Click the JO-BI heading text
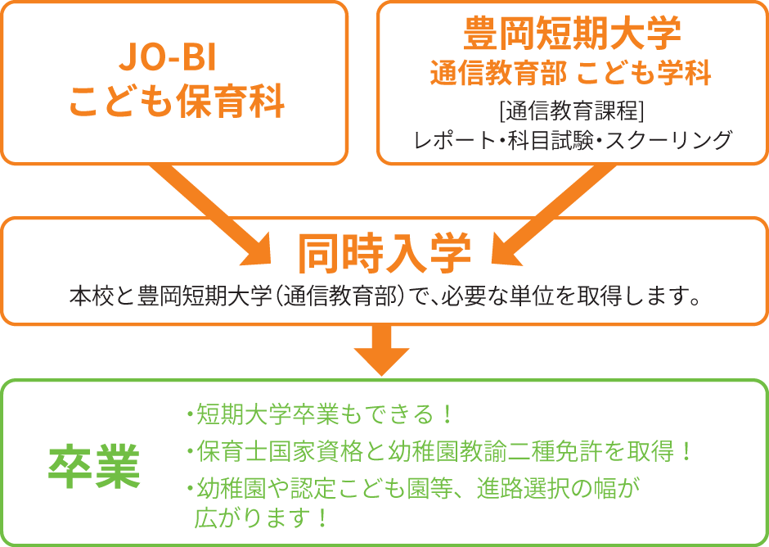click(x=168, y=58)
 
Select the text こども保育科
click(x=177, y=102)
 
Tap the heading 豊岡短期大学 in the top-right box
click(x=573, y=33)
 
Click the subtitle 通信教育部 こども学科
click(x=571, y=73)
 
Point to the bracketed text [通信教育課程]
click(x=572, y=111)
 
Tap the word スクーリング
click(x=668, y=140)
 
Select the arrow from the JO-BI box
click(x=211, y=215)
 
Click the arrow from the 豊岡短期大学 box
click(x=553, y=215)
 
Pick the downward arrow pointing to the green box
click(x=381, y=350)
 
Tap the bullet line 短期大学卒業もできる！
click(x=319, y=414)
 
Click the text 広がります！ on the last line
click(x=261, y=518)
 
